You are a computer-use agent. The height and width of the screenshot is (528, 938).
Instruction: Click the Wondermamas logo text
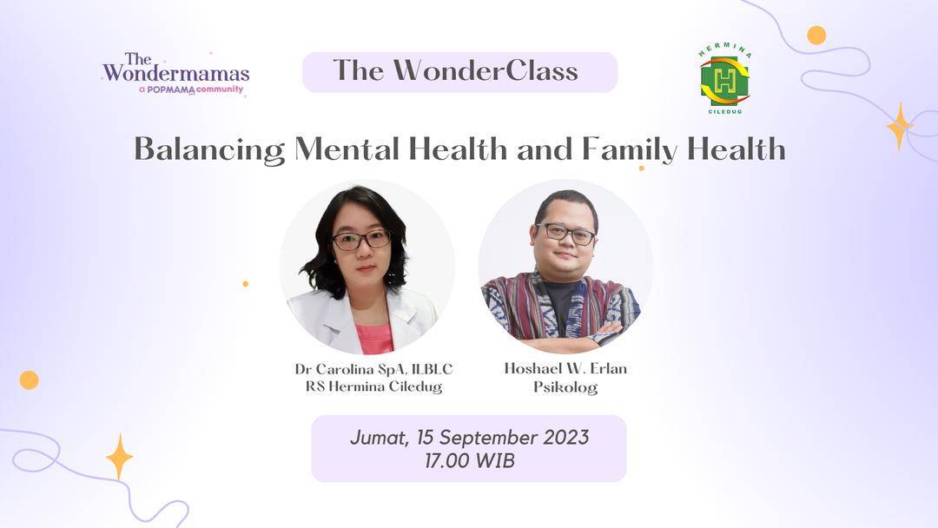click(x=175, y=68)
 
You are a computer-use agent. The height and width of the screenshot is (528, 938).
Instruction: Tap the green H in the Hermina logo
click(x=724, y=82)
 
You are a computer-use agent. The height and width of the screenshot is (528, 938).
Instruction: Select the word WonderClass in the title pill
click(x=486, y=70)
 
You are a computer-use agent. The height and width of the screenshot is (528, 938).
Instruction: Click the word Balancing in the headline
click(x=209, y=148)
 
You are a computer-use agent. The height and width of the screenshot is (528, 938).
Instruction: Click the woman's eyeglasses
click(x=361, y=240)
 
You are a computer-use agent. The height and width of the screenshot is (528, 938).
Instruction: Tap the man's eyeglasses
click(x=565, y=233)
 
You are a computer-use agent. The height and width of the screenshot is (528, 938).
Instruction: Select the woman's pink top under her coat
click(x=374, y=338)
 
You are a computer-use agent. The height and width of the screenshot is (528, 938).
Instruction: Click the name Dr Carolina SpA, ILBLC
click(x=373, y=369)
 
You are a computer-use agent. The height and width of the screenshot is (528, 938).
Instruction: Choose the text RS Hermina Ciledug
click(x=373, y=386)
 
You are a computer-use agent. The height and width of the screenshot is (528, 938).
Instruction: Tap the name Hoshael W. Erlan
click(x=565, y=368)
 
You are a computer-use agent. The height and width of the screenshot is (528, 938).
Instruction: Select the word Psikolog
click(x=565, y=387)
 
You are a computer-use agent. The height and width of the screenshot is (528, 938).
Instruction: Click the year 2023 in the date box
click(x=565, y=437)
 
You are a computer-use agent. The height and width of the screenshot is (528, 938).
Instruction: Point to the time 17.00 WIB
click(x=470, y=461)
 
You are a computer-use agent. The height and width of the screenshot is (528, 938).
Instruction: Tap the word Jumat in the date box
click(x=380, y=438)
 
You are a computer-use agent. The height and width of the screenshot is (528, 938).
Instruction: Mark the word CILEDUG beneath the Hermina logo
click(x=725, y=111)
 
